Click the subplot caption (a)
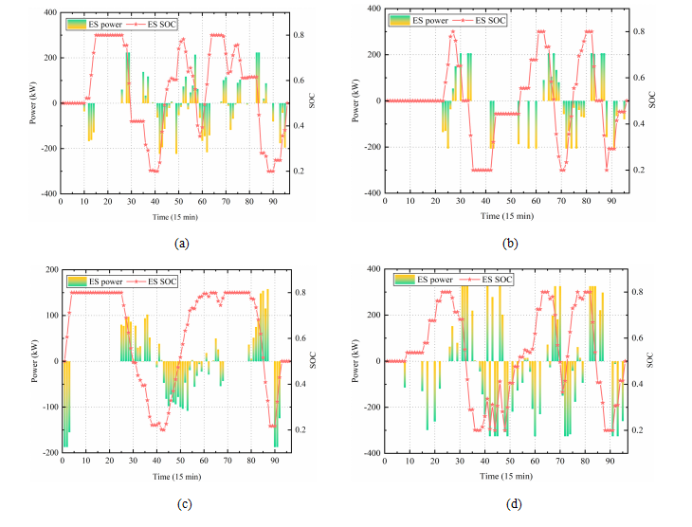pyautogui.click(x=182, y=244)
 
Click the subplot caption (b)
pyautogui.click(x=509, y=244)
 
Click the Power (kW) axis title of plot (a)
pyautogui.click(x=35, y=103)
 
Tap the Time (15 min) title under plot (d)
pyautogui.click(x=504, y=476)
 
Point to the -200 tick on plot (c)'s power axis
pyautogui.click(x=48, y=453)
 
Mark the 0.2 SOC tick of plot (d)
pyautogui.click(x=641, y=430)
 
